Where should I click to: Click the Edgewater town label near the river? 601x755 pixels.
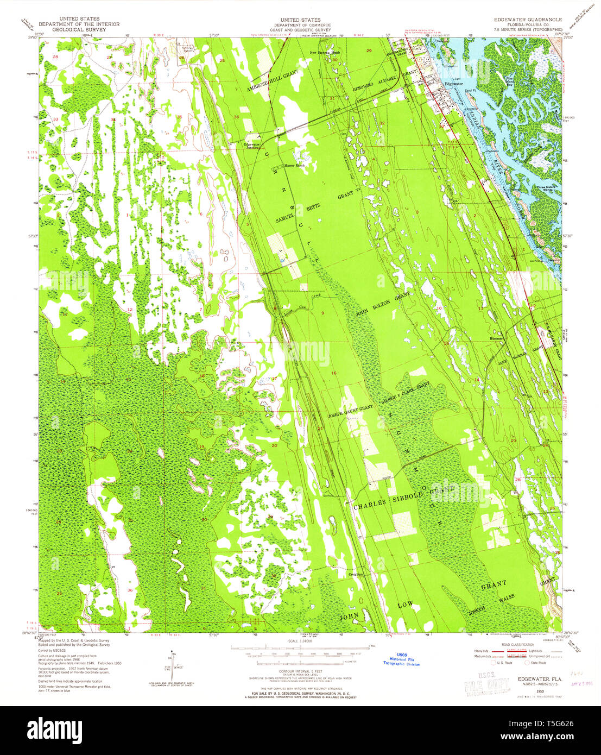click(x=453, y=84)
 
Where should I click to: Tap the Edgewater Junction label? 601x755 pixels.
click(x=252, y=146)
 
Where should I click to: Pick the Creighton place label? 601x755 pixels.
click(x=355, y=574)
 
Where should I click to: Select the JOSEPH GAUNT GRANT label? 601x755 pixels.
click(x=350, y=407)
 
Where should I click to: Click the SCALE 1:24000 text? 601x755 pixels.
click(x=300, y=641)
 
